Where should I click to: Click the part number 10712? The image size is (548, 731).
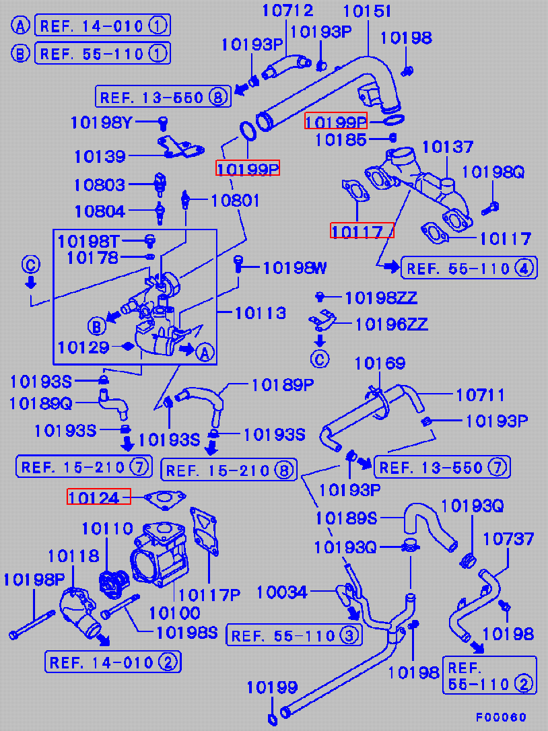pyautogui.click(x=288, y=11)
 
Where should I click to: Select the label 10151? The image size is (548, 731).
pyautogui.click(x=368, y=11)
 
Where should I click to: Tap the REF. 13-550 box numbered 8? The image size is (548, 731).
pyautogui.click(x=162, y=97)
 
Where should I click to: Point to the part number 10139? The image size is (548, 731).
pyautogui.click(x=100, y=156)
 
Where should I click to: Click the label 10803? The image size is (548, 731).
pyautogui.click(x=100, y=184)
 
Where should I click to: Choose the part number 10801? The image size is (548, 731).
pyautogui.click(x=235, y=200)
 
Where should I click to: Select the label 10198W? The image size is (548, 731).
pyautogui.click(x=295, y=269)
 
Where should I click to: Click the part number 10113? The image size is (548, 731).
pyautogui.click(x=261, y=313)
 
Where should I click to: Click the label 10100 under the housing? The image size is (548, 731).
pyautogui.click(x=174, y=613)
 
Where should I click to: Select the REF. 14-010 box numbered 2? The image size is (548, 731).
pyautogui.click(x=113, y=662)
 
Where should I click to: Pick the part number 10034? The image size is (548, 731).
pyautogui.click(x=282, y=592)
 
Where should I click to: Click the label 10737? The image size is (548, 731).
pyautogui.click(x=508, y=538)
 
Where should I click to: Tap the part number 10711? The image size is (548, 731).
pyautogui.click(x=480, y=395)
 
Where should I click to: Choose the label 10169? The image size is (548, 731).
pyautogui.click(x=380, y=364)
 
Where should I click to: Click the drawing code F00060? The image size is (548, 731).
pyautogui.click(x=502, y=718)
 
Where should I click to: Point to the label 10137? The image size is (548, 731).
pyautogui.click(x=448, y=147)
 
